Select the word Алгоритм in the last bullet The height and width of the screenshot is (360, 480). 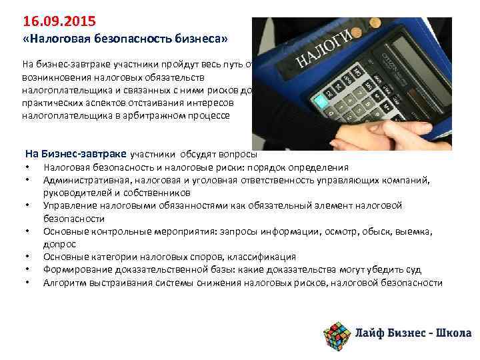63,283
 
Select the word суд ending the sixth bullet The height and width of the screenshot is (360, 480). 413,269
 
